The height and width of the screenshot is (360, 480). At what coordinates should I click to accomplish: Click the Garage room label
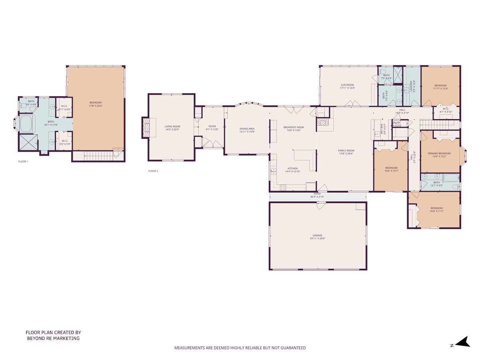click(318, 236)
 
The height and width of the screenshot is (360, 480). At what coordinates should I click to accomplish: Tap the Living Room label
click(172, 126)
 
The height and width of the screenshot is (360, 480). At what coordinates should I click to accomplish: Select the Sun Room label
click(347, 85)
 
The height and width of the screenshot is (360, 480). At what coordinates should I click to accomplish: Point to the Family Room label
click(346, 150)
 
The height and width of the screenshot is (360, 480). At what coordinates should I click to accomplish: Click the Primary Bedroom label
click(439, 153)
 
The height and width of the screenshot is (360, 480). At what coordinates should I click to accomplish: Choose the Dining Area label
click(247, 129)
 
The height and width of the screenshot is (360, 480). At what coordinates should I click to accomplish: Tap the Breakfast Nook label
click(294, 127)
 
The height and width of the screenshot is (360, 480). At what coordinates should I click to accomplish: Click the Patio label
click(317, 194)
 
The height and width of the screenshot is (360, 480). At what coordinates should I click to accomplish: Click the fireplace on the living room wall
click(146, 127)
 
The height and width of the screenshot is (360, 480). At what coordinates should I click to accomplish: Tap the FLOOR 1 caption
click(23, 162)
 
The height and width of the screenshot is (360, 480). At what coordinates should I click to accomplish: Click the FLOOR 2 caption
click(153, 171)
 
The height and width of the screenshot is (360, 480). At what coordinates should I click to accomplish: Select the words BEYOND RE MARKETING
click(53, 338)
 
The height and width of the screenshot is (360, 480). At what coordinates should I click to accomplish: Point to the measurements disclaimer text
click(240, 348)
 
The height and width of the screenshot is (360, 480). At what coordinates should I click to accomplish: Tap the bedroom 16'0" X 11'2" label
click(436, 208)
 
